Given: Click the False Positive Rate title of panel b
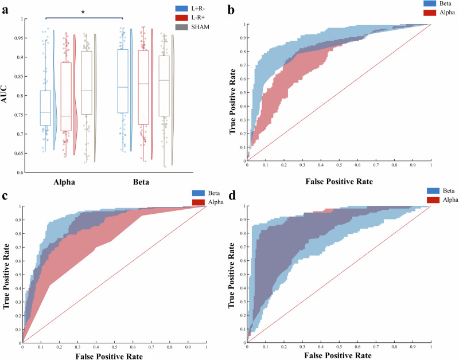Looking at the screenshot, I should (x=339, y=181).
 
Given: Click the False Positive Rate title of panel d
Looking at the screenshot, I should (x=339, y=356).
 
